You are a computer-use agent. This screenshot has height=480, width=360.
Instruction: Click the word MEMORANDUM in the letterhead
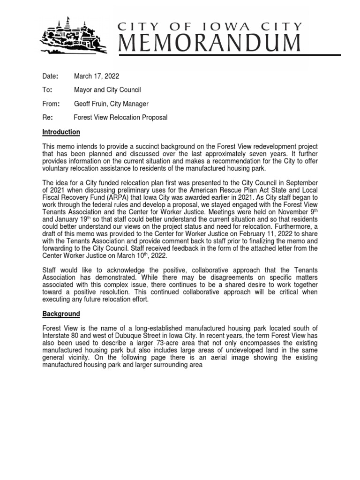[x=210, y=44]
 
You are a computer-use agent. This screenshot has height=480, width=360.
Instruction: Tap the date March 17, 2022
[x=99, y=75]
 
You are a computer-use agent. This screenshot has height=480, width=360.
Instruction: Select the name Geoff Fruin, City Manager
[x=112, y=104]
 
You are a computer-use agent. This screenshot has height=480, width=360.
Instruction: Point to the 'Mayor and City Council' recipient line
[x=107, y=90]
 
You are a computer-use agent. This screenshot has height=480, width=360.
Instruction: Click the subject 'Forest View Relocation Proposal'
[x=120, y=118]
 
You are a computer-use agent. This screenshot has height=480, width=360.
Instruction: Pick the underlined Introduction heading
[x=61, y=132]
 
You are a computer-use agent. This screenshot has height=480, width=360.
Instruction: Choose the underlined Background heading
[x=61, y=314]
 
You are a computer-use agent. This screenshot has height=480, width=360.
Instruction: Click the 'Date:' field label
[x=50, y=75]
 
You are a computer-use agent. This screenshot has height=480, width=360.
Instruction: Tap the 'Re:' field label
[x=48, y=118]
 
